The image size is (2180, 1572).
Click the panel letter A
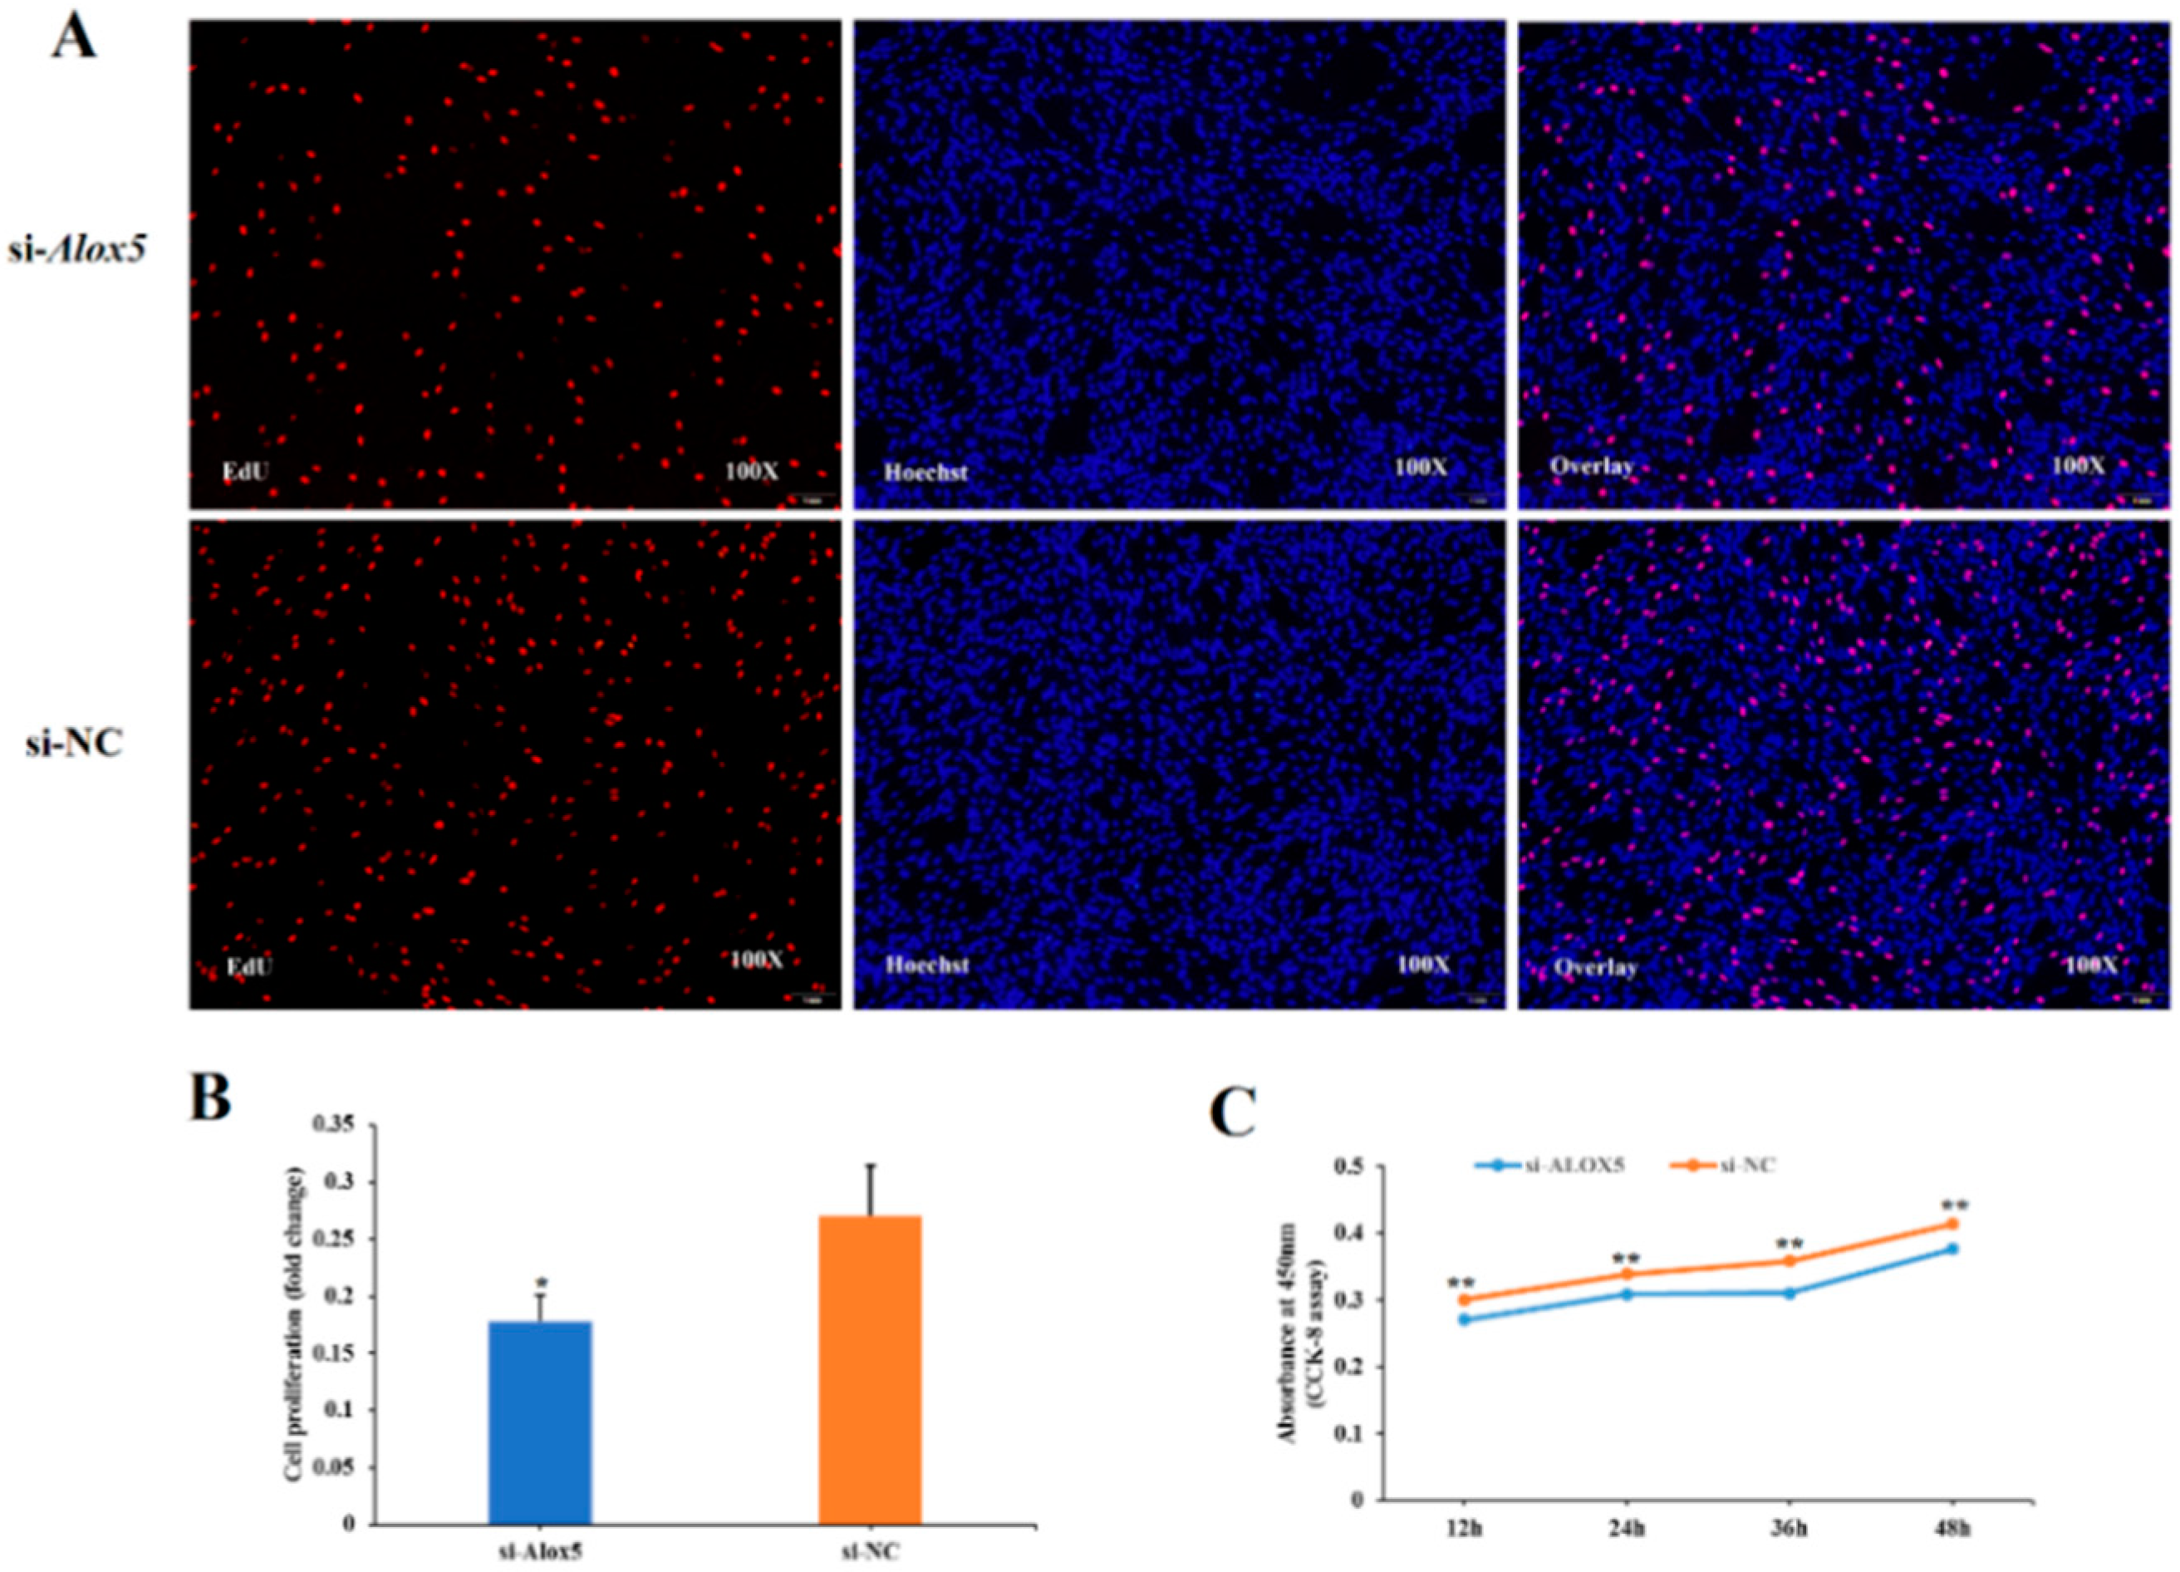tap(73, 38)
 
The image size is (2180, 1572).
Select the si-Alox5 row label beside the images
tap(77, 253)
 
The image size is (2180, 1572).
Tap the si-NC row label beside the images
tap(74, 744)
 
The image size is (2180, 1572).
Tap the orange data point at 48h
tap(1952, 1224)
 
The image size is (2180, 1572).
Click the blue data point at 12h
tap(1465, 1319)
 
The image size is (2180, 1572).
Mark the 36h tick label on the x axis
tap(1789, 1530)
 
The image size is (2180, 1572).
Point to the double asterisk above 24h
tap(1627, 1259)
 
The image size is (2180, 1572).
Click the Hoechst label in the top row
tap(926, 472)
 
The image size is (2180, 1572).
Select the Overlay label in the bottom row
tap(1596, 967)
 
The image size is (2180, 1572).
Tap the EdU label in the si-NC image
tap(250, 964)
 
